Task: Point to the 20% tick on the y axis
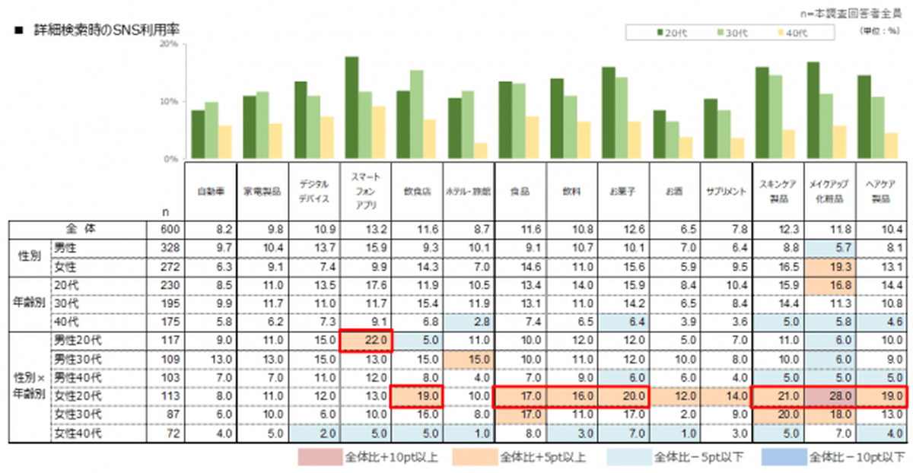pyautogui.click(x=168, y=44)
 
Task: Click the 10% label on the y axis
pyautogui.click(x=168, y=102)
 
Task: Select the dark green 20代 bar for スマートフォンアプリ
pyautogui.click(x=352, y=108)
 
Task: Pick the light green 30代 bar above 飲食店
pyautogui.click(x=417, y=115)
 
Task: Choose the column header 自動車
pyautogui.click(x=210, y=191)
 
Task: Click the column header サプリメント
pyautogui.click(x=725, y=191)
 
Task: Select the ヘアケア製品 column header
pyautogui.click(x=881, y=191)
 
